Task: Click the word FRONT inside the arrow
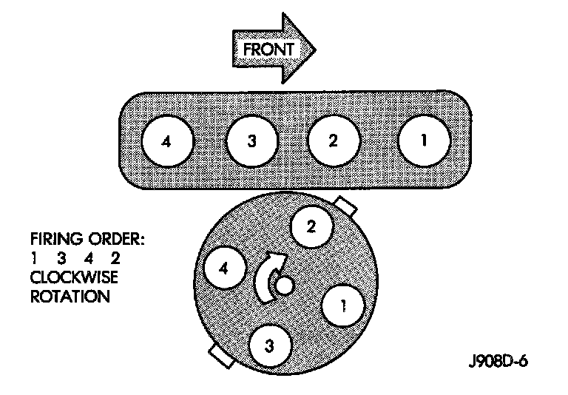[268, 50]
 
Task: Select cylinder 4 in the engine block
[169, 141]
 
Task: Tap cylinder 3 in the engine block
[252, 141]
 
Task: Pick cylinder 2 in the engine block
[334, 141]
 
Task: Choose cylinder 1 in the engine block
[424, 141]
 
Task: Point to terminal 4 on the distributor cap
[223, 269]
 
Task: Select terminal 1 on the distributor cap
[343, 304]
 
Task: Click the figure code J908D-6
[501, 363]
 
